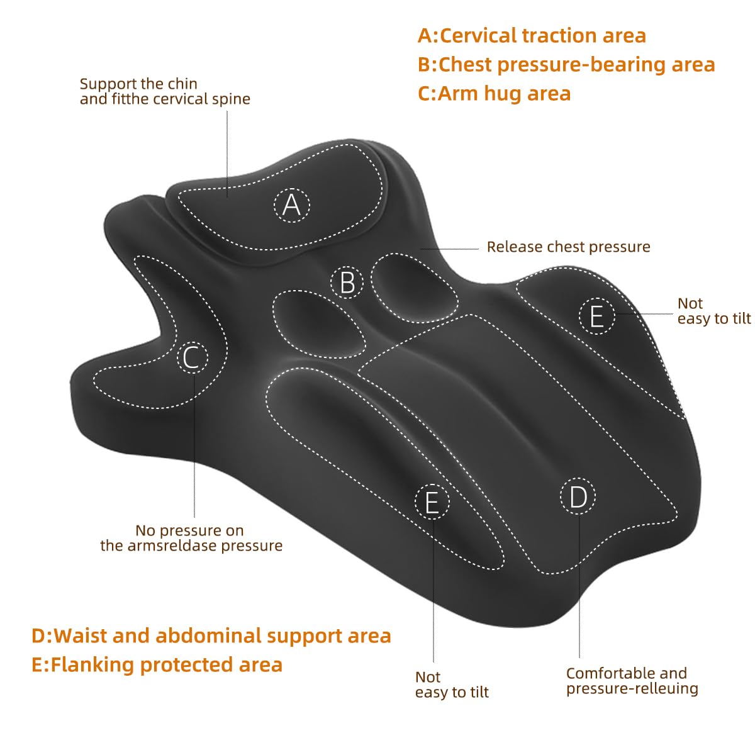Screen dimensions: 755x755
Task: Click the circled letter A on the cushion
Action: pyautogui.click(x=291, y=205)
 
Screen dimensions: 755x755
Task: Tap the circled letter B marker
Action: pyautogui.click(x=347, y=282)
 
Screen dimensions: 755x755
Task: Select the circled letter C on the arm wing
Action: pyautogui.click(x=193, y=357)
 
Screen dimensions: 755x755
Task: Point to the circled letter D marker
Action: pyautogui.click(x=578, y=496)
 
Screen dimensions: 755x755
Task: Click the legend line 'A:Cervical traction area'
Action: pyautogui.click(x=532, y=36)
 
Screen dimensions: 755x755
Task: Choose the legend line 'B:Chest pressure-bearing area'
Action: pyautogui.click(x=566, y=65)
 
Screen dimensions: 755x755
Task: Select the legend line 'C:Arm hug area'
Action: pyautogui.click(x=494, y=94)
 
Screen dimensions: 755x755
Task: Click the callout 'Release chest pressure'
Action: pyautogui.click(x=568, y=247)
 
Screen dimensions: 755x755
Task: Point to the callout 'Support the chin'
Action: pyautogui.click(x=138, y=84)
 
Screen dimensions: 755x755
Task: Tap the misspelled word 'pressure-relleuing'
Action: pyautogui.click(x=632, y=688)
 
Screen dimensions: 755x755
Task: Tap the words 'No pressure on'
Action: pyautogui.click(x=189, y=530)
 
